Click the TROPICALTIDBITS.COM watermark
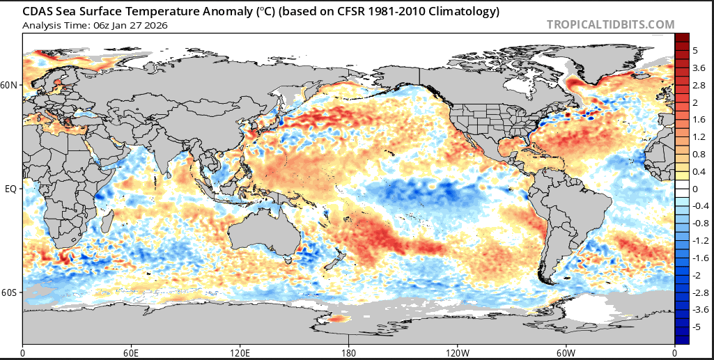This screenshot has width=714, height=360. point(610,24)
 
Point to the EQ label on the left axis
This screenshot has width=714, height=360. point(10,189)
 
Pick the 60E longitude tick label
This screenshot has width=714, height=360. point(132,352)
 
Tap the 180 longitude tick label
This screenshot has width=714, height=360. point(349,352)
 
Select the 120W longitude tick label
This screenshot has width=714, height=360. point(457,352)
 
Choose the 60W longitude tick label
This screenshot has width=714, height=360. point(566,352)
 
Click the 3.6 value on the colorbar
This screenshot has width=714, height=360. point(699,68)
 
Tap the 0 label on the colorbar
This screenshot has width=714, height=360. point(694,189)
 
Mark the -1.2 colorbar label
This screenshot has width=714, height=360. point(701,240)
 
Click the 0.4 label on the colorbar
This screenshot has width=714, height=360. point(699,171)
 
